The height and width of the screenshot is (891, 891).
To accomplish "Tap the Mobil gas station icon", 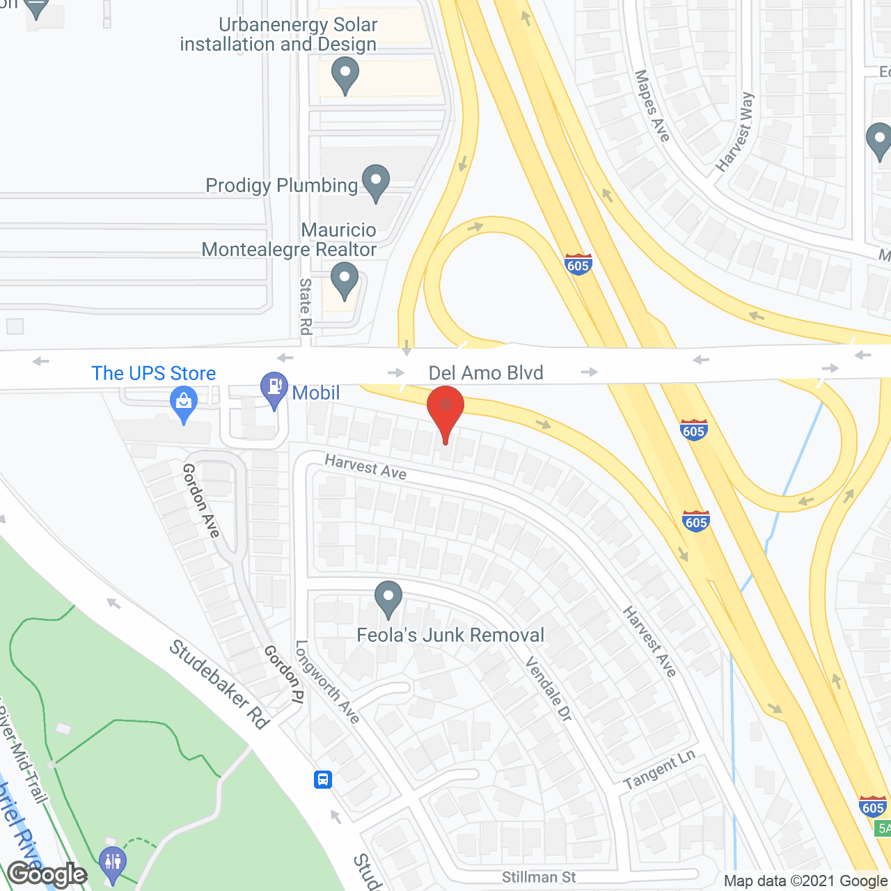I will coord(274,390).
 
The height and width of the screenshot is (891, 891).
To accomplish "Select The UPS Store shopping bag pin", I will coord(184,404).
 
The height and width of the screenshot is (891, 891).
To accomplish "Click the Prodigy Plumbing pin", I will coord(376,182).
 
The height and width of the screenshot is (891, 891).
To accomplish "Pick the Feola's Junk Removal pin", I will coord(388,598).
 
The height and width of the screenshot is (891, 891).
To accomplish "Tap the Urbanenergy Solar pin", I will coord(345,74).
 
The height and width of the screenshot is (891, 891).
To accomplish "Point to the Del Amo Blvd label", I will coord(486,373).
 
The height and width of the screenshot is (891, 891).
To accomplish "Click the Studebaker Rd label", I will coord(219,685).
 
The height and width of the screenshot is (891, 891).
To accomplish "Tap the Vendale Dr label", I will coord(549,688).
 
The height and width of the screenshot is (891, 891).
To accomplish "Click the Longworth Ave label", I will coord(327,682).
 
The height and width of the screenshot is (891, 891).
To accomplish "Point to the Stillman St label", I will coord(539,877).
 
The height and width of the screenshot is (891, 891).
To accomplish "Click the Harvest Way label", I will coord(736,132).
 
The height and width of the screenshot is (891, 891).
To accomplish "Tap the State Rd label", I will coord(306,306).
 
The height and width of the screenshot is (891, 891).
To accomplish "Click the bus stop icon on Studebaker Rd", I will coord(323,779).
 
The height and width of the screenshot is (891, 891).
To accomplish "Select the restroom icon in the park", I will coord(112,862).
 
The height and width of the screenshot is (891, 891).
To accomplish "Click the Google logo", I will coord(47,874).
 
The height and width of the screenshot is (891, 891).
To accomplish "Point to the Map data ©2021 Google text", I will coord(806,881).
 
